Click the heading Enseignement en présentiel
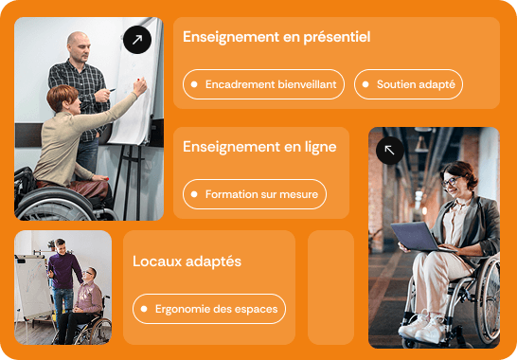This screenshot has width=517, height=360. (276, 37)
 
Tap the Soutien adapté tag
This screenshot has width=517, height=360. (408, 84)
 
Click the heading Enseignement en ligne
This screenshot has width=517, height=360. (258, 147)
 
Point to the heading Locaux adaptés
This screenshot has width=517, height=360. (187, 261)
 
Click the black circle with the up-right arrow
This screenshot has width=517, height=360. (137, 40)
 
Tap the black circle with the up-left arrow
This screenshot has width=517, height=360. (389, 150)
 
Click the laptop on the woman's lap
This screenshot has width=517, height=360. (417, 235)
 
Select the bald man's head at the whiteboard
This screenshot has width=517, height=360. (79, 45)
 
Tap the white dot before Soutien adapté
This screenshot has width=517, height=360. (367, 84)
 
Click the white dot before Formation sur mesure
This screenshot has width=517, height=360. (195, 194)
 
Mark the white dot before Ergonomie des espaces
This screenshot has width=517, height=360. (144, 308)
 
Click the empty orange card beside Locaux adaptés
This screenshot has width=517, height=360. (330, 287)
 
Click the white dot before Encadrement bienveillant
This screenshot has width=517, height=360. (195, 84)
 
